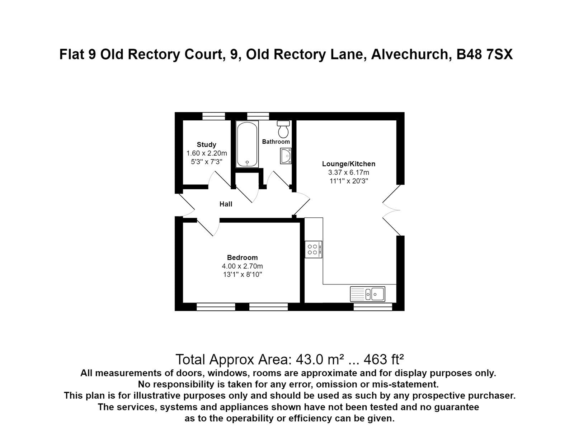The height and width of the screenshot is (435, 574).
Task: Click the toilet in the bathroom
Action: click(x=283, y=129)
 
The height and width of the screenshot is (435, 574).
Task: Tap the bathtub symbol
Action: click(x=247, y=144)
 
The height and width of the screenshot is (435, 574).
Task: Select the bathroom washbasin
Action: click(x=286, y=156)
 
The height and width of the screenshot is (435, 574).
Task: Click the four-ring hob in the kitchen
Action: click(x=314, y=249)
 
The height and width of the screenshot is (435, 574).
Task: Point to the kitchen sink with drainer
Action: click(x=367, y=294)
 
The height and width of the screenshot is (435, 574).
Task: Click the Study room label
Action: click(x=206, y=145)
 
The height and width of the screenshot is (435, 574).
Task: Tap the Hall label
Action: click(x=226, y=204)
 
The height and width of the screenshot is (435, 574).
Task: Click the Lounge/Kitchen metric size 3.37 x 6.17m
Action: click(x=348, y=172)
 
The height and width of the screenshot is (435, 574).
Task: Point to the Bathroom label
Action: click(x=276, y=142)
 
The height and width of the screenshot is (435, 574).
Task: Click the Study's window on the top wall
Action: click(x=213, y=116)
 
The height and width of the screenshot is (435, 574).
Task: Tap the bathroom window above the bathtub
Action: click(x=258, y=116)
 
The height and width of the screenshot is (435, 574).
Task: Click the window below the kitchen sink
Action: click(x=373, y=307)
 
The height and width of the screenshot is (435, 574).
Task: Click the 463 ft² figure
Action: click(x=384, y=359)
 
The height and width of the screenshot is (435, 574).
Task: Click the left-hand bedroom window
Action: click(x=216, y=307)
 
